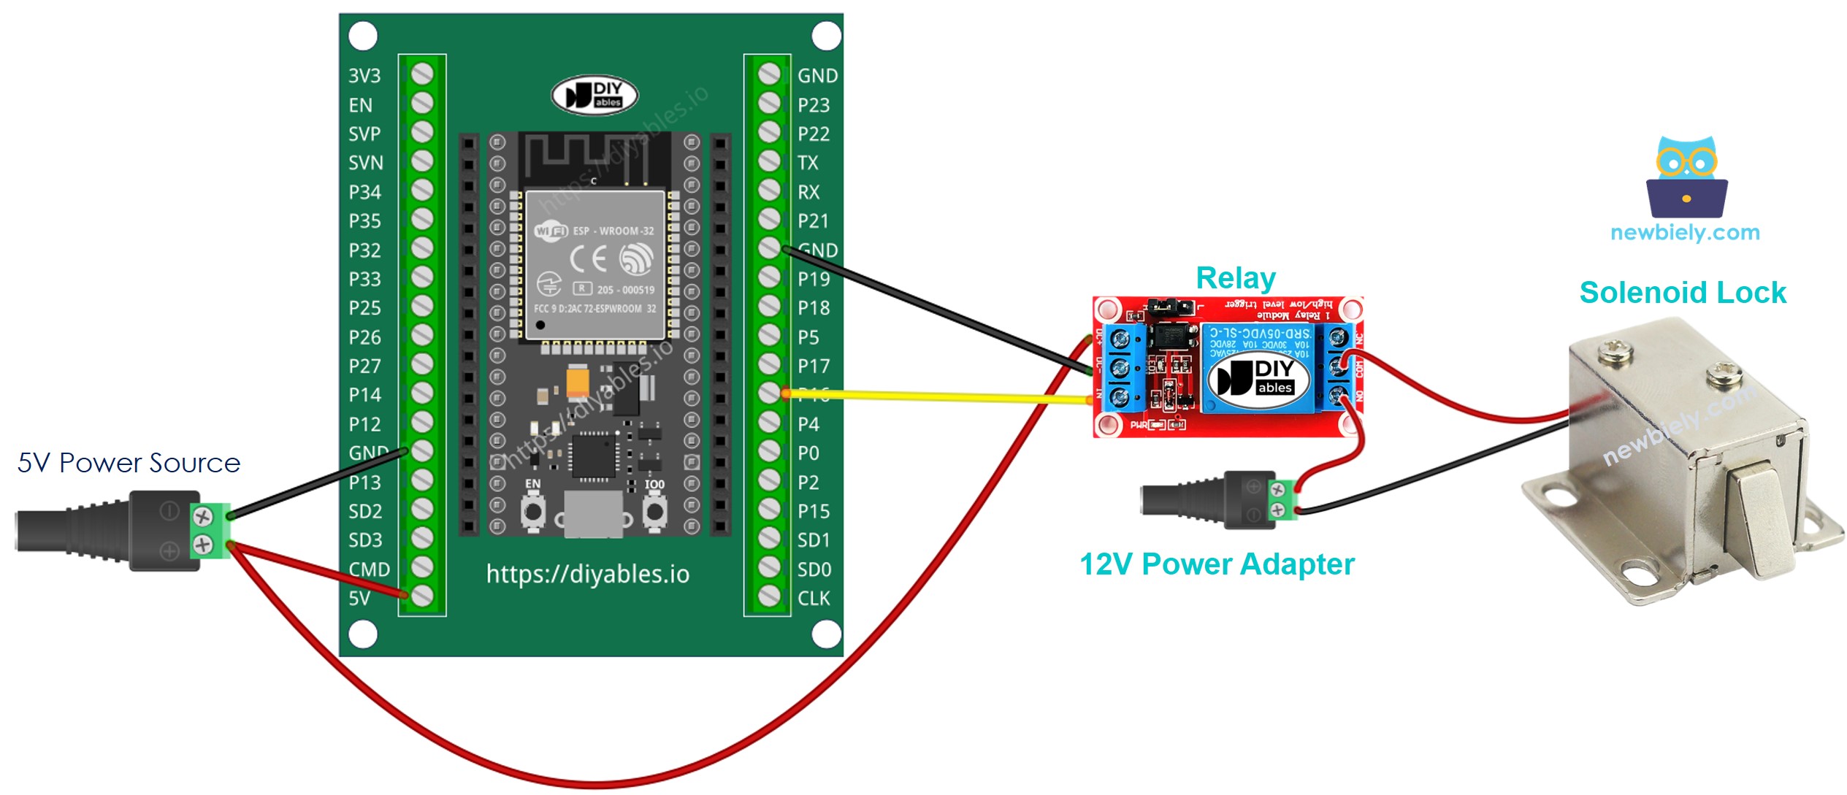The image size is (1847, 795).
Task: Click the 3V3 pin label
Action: pos(364,76)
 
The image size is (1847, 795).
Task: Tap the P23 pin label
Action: pos(814,105)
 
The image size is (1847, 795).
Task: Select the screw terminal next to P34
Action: pos(422,191)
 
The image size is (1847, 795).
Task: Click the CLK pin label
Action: pos(814,599)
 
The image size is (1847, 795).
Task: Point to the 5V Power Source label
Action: pos(129,463)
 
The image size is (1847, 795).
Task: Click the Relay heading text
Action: pos(1236,278)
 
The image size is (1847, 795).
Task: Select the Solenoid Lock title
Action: pos(1683,293)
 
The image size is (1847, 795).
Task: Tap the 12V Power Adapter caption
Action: pos(1217,564)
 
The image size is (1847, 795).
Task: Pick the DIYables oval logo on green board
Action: pos(594,96)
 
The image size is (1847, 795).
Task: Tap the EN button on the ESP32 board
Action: pos(533,511)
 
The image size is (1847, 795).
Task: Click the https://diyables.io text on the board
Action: pos(588,575)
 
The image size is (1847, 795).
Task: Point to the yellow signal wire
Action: pos(935,396)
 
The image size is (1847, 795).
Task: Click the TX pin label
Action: pos(808,163)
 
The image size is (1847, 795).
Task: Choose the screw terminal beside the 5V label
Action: pos(422,596)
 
